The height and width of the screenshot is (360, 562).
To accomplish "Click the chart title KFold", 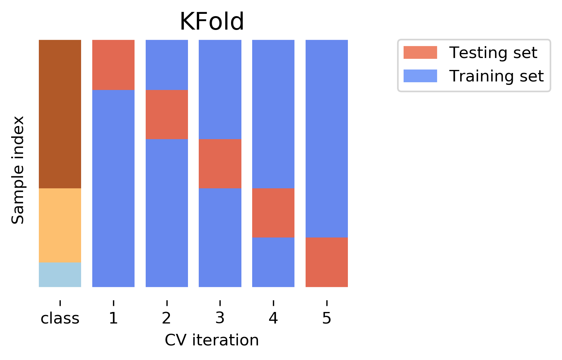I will [212, 22].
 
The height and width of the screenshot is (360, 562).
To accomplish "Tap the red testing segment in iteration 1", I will [113, 65].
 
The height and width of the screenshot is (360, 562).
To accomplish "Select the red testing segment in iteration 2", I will [167, 114].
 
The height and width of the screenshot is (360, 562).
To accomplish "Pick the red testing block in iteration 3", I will [220, 163].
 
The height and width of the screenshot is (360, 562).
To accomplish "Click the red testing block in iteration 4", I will [273, 212].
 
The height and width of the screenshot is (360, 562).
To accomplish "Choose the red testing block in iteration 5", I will [327, 262].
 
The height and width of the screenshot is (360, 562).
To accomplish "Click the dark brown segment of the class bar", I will [60, 114].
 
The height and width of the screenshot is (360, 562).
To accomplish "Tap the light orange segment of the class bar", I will [60, 225].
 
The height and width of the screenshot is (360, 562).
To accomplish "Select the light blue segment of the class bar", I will [60, 275].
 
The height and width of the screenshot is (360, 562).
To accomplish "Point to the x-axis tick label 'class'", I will [60, 319].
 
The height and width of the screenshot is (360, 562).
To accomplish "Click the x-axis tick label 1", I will [113, 319].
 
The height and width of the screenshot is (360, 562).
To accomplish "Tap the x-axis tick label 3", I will [220, 319].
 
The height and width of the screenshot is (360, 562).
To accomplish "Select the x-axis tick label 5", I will [327, 319].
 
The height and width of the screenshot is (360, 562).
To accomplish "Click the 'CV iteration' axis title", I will [212, 340].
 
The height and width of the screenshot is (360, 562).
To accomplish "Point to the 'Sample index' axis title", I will [18, 170].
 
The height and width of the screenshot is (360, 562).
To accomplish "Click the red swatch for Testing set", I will [420, 53].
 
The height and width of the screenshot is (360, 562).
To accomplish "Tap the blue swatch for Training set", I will [420, 76].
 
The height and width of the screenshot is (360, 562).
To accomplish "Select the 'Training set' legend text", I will [496, 76].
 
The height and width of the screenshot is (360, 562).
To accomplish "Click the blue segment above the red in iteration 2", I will [167, 65].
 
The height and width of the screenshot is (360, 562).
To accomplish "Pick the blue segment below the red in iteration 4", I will [273, 262].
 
